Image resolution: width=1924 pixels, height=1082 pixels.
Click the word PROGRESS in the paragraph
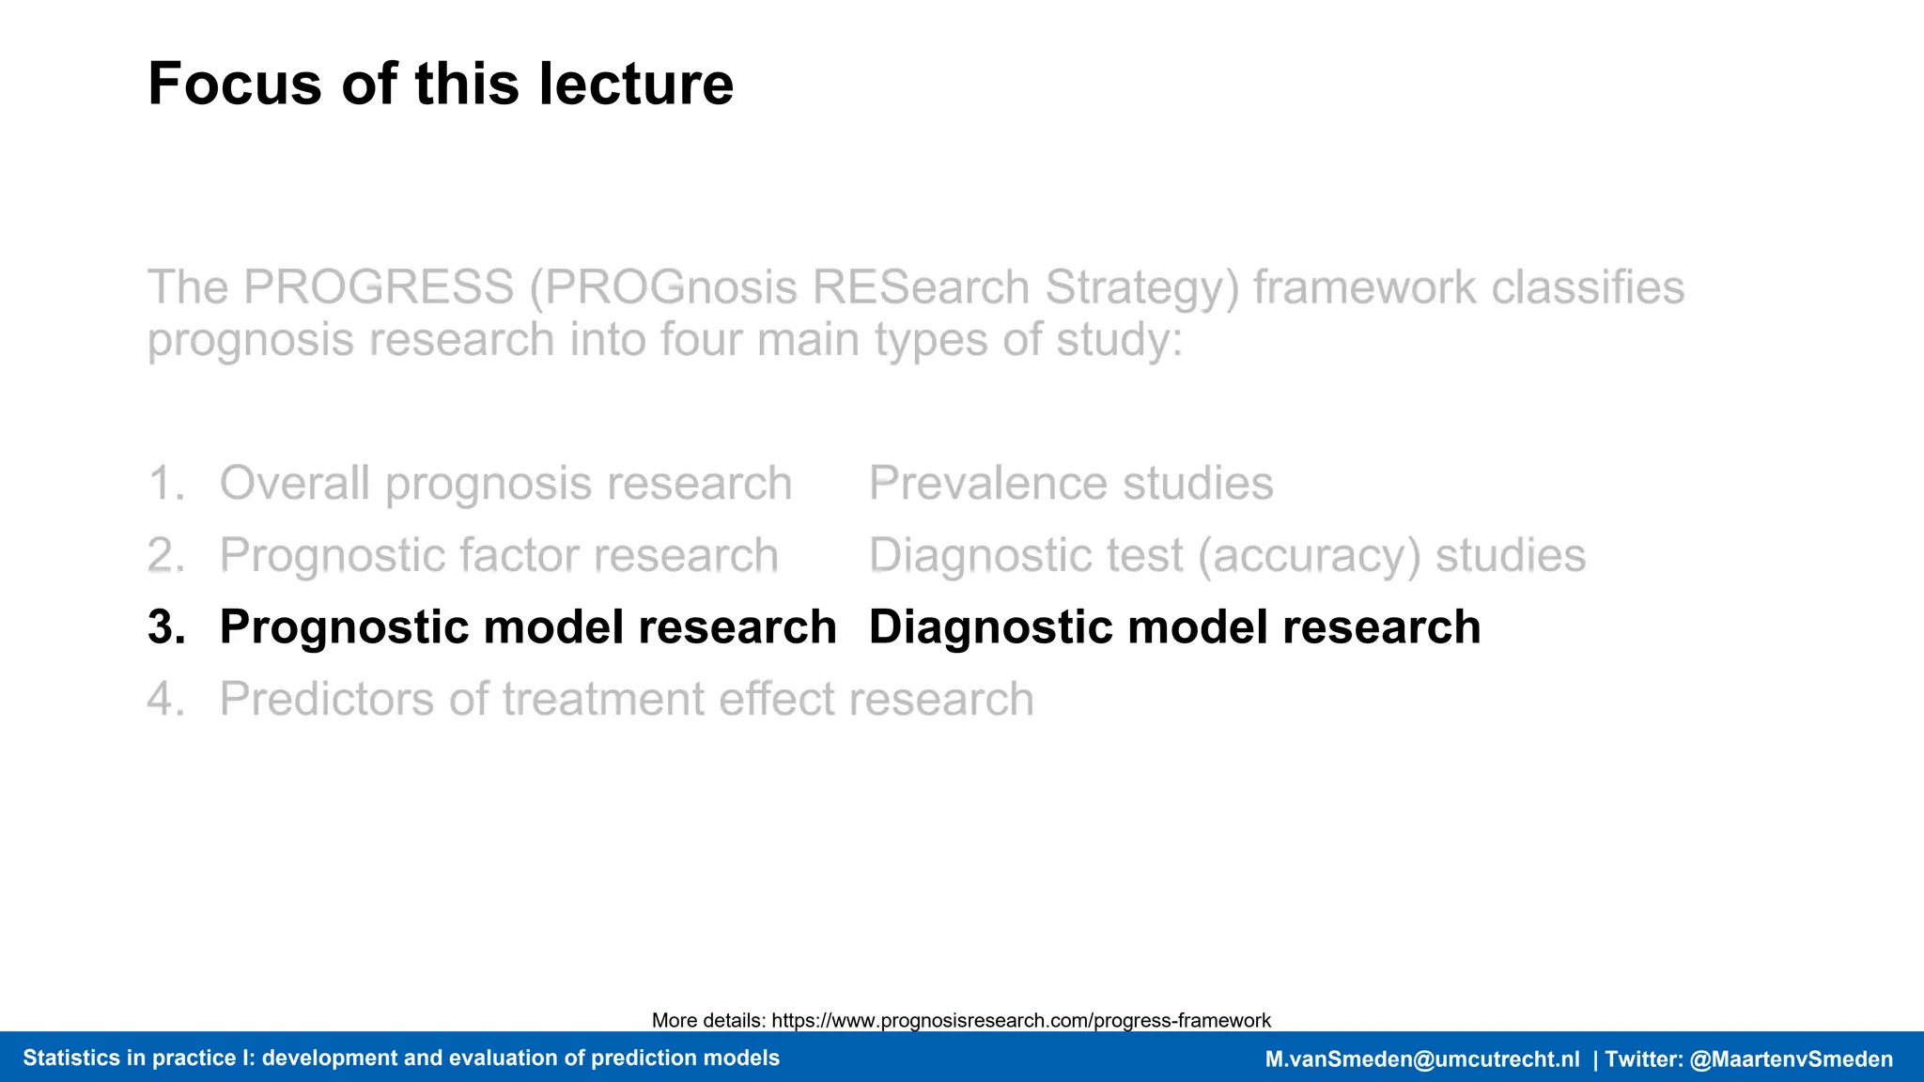click(x=379, y=287)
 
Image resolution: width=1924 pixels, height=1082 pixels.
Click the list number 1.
click(x=165, y=484)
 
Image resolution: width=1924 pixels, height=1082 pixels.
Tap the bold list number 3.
click(x=165, y=627)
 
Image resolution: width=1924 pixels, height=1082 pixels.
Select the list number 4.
click(x=165, y=700)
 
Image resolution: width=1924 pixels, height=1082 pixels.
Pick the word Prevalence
click(x=988, y=484)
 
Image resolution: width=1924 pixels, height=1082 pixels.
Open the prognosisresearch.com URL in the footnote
click(x=1020, y=1021)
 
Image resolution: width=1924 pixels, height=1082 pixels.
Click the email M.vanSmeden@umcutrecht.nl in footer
click(x=1421, y=1059)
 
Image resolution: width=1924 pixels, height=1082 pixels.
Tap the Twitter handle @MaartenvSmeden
click(x=1791, y=1059)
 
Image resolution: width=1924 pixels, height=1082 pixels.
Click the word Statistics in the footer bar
click(x=70, y=1059)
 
